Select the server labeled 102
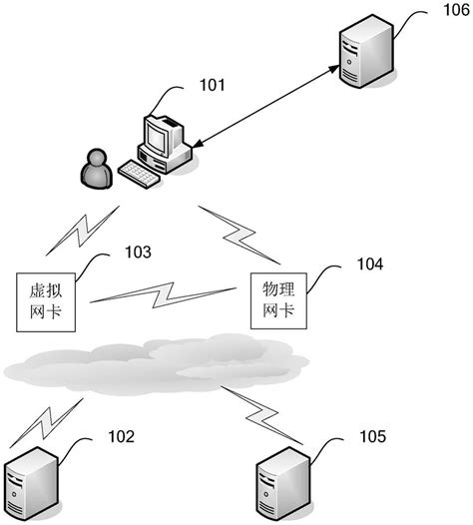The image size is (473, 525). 31,487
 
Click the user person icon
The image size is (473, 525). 96,169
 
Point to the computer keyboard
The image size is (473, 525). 140,172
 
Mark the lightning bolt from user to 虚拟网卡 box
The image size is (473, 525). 80,232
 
